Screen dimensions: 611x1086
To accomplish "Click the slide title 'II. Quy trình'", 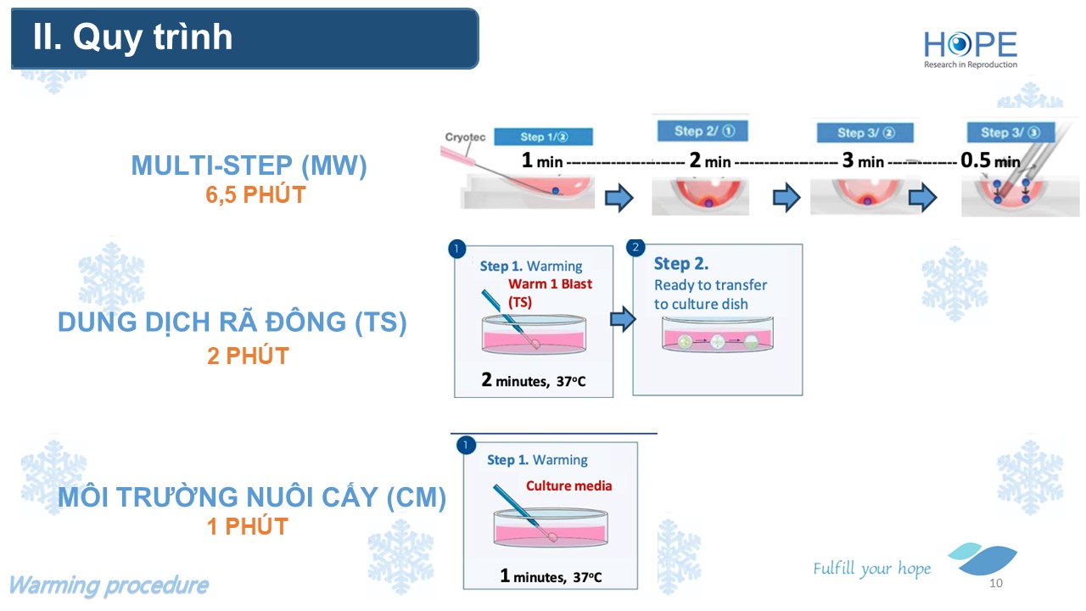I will point(132,38).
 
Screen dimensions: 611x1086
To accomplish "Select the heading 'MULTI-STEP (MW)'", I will point(249,166).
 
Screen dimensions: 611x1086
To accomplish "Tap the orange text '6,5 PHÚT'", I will point(255,194).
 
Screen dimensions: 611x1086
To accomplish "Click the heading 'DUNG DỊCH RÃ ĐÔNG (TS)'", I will point(232,323).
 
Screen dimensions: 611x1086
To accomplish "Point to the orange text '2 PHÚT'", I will point(248,355).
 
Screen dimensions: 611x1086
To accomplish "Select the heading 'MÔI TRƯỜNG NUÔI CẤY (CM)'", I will point(251,497).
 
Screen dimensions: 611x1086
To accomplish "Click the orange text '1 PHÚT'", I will point(248,526).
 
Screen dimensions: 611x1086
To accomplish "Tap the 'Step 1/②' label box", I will point(543,137).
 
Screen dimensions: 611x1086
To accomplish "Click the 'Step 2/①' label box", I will point(701,131).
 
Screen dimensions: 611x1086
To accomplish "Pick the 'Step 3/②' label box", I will point(865,132).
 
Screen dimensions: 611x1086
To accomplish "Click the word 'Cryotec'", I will point(464,137).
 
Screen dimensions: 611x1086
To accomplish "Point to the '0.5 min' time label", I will point(990,160).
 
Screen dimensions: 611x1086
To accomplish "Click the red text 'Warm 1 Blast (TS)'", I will point(550,292).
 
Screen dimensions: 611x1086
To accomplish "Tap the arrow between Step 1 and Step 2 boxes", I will point(623,320).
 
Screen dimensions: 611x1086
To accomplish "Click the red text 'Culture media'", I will point(568,486).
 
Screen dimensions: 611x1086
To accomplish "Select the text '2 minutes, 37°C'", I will point(533,380).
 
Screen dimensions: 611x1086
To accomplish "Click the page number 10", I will point(996,584).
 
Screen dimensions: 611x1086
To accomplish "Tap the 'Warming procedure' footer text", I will point(109,586).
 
